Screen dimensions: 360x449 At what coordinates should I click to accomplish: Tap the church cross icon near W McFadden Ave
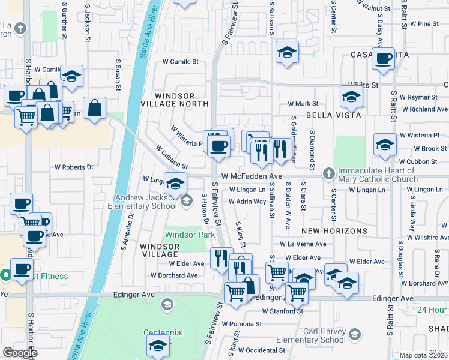point(328,174)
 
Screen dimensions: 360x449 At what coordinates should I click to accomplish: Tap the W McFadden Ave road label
point(252,176)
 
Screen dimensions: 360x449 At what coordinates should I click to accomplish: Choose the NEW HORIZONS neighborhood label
point(334,231)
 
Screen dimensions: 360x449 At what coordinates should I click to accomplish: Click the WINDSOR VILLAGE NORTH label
point(174,100)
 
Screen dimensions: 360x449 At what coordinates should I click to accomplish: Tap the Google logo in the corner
point(20,353)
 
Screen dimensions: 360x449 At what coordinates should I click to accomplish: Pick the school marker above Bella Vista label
point(351,96)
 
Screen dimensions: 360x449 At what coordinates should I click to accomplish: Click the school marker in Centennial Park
point(158,346)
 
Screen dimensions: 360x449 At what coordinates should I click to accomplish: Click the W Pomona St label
point(241,324)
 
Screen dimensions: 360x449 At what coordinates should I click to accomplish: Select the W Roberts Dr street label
point(74,167)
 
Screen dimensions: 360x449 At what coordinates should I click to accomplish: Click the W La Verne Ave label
point(303,244)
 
